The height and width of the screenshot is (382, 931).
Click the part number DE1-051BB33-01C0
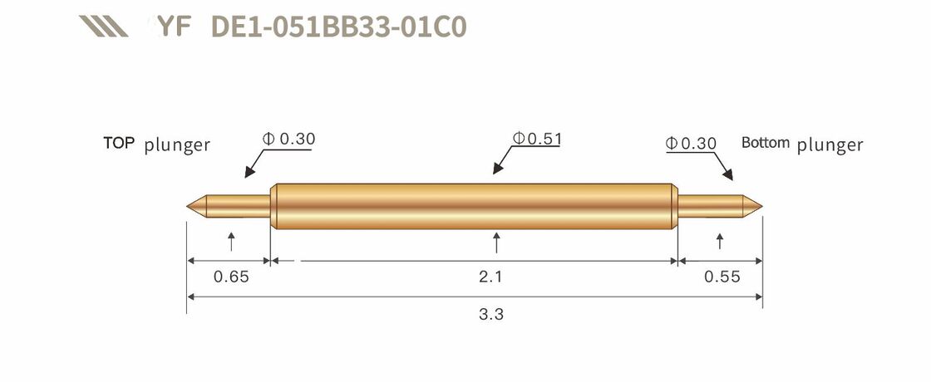339,27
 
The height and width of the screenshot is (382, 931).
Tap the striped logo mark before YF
103,27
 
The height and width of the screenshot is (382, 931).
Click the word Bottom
765,142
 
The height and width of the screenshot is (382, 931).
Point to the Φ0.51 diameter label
537,139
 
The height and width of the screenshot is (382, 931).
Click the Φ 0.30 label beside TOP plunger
289,139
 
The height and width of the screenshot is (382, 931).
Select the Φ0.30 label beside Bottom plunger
691,143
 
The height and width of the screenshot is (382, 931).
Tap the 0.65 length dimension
231,277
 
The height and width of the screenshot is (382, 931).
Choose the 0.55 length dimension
722,277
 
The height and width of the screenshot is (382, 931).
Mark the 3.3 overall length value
491,315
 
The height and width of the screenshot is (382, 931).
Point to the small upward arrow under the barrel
496,242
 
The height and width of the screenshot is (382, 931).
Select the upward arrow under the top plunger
231,242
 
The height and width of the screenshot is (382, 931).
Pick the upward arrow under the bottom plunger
719,242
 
